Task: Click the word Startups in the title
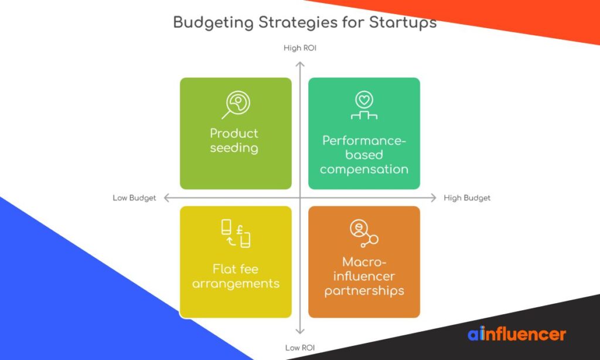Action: (403, 23)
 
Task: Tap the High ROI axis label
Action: (300, 48)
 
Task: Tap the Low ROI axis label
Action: (300, 348)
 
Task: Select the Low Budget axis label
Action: (134, 198)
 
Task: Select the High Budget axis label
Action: (467, 198)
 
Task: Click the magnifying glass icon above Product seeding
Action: (236, 104)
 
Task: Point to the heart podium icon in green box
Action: (364, 106)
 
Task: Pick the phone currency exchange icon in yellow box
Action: (236, 233)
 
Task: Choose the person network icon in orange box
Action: (363, 233)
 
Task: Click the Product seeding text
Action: (234, 140)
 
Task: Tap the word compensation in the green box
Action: (364, 169)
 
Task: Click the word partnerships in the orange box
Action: (364, 291)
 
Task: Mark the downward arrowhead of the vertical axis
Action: (300, 332)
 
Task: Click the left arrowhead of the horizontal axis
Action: (166, 198)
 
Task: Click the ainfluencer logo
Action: (517, 334)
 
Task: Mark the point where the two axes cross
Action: (300, 198)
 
